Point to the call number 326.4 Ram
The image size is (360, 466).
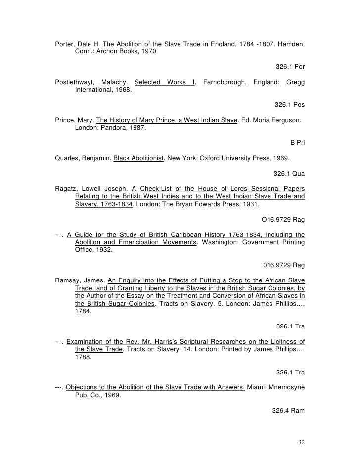(x=288, y=410)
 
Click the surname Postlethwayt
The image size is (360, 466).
(x=76, y=82)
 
